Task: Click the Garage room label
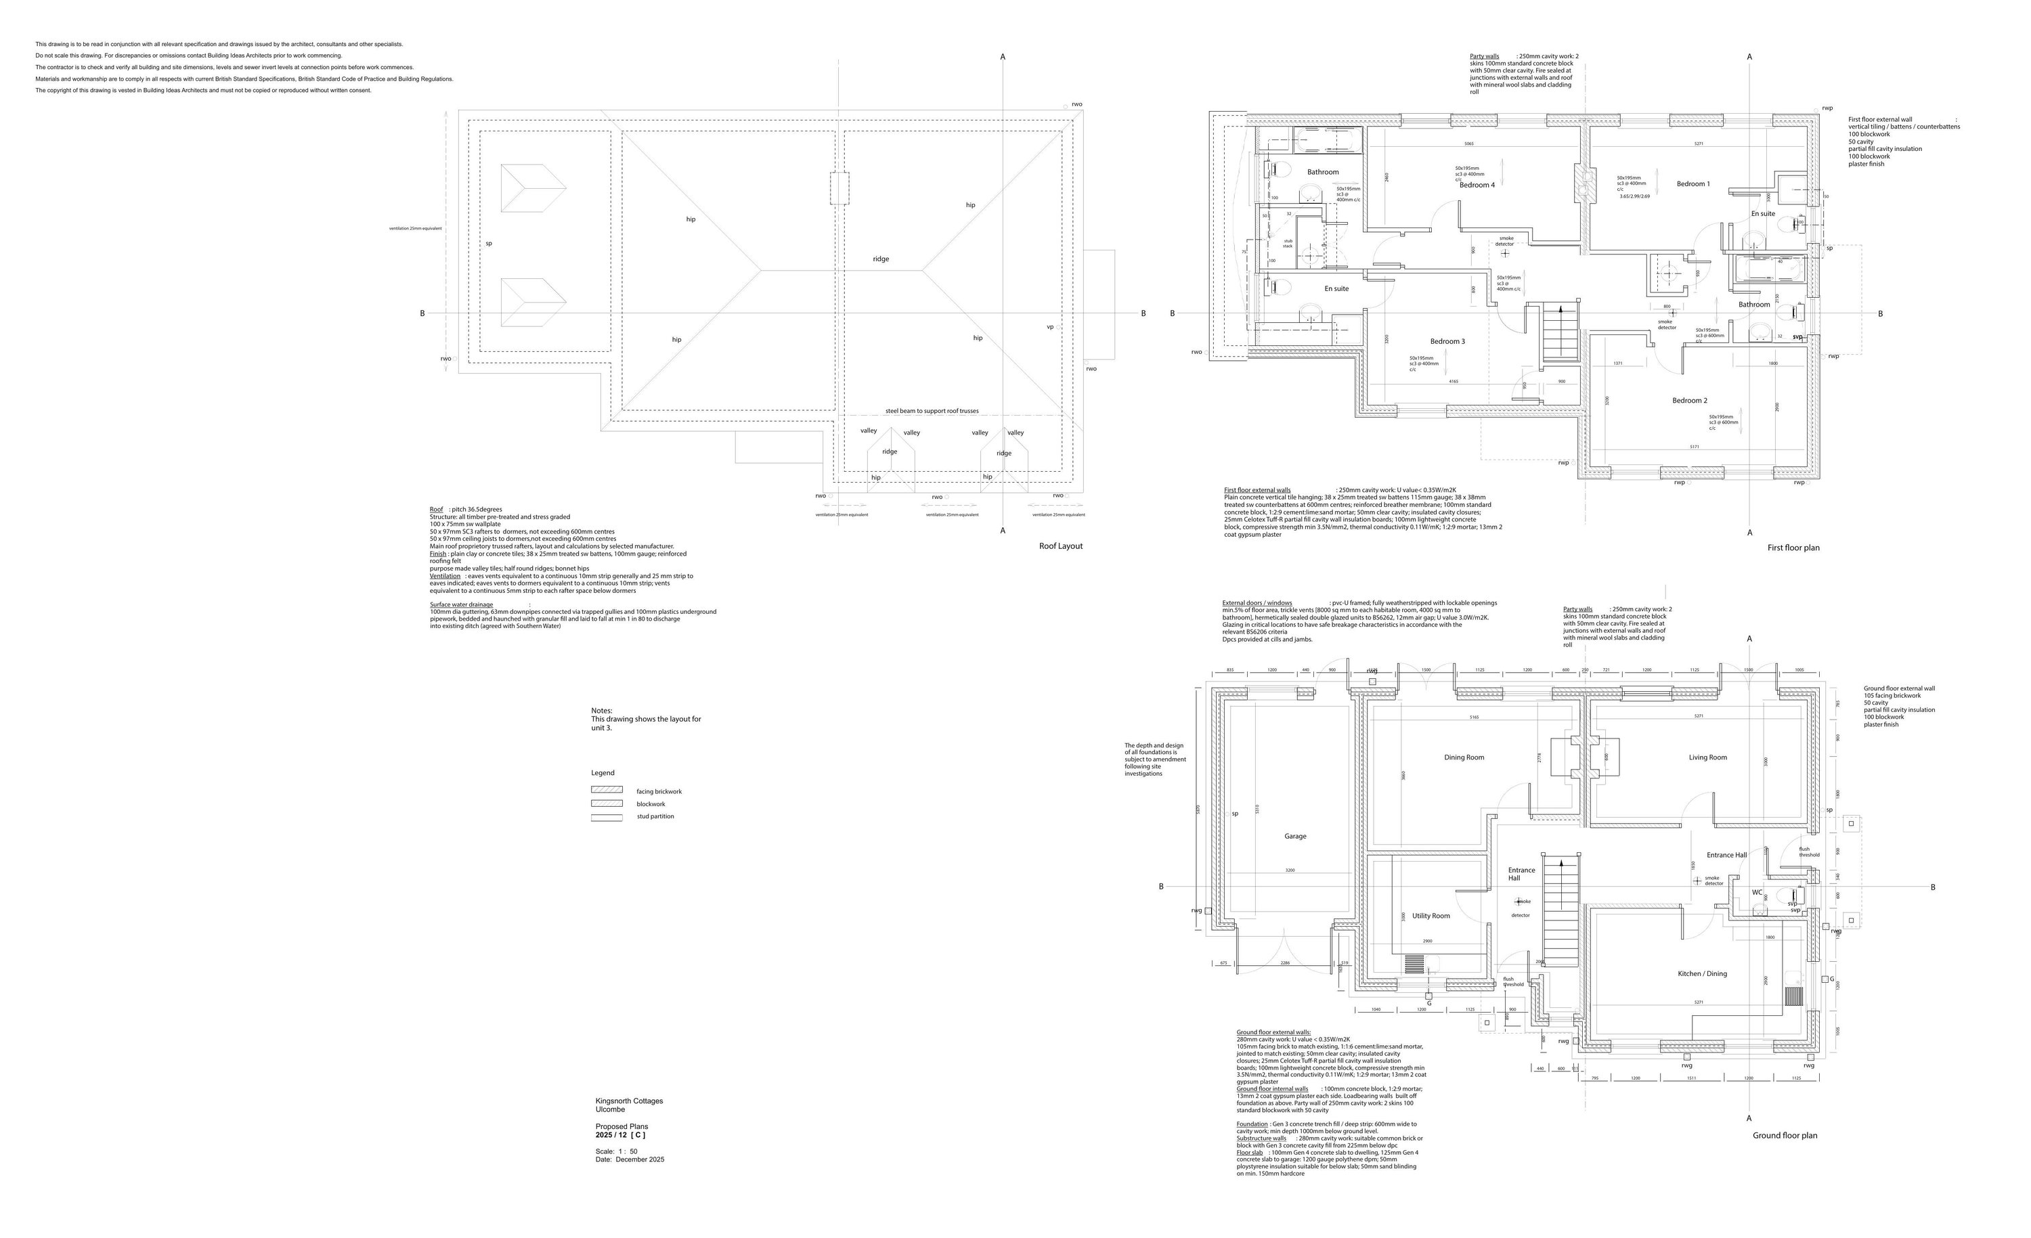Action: tap(1295, 836)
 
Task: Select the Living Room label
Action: tap(1707, 757)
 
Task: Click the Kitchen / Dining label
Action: tap(1702, 973)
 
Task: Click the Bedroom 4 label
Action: tap(1477, 185)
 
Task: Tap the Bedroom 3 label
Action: tap(1447, 341)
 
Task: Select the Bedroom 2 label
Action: tap(1689, 401)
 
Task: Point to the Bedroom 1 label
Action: tap(1693, 184)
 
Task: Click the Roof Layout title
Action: tap(1060, 546)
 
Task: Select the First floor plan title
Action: tap(1793, 548)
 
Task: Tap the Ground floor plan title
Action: tap(1785, 1135)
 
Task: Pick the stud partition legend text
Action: tap(655, 816)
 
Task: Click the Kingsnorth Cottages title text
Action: tap(629, 1101)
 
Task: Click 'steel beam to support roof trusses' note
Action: tap(932, 410)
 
